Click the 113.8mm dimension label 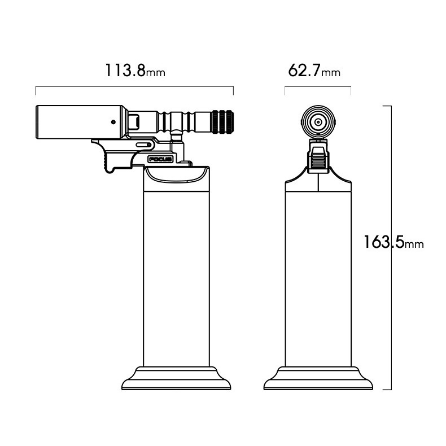pos(135,71)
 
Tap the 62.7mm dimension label pos(314,71)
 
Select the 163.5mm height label pos(394,242)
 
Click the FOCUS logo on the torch pos(160,159)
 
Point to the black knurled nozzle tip pos(222,122)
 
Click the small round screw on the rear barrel pos(113,122)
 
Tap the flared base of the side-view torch pos(176,378)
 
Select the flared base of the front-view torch pos(318,378)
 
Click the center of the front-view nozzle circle pos(318,123)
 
